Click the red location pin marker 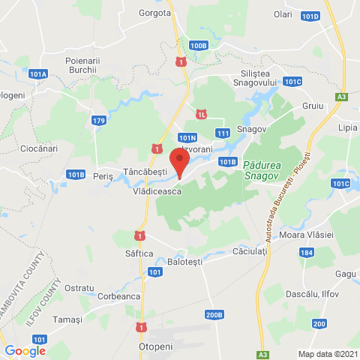(178, 162)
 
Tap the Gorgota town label (155, 13)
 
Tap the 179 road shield (99, 120)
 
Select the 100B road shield (198, 45)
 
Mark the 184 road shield (306, 253)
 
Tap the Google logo (25, 350)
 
